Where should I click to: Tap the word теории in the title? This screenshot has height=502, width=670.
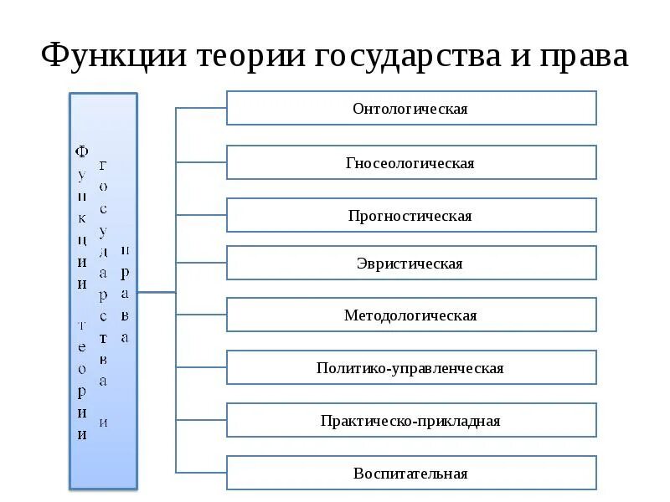tap(252, 56)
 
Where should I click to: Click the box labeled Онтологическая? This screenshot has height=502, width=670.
tap(411, 109)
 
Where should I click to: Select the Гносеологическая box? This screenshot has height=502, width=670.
tap(411, 162)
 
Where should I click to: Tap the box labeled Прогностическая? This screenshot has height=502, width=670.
tap(411, 216)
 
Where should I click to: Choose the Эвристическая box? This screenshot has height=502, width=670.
tap(411, 264)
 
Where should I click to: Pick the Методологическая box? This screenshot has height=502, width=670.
tap(411, 315)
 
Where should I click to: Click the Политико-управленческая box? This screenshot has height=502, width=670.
tap(411, 368)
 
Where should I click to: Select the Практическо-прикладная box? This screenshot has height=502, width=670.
tap(411, 421)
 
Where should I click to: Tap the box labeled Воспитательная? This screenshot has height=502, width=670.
tap(411, 474)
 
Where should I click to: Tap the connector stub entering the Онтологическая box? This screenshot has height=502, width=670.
tap(201, 108)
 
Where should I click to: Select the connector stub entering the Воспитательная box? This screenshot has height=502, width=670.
tap(201, 473)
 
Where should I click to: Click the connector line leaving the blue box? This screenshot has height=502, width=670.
tap(157, 292)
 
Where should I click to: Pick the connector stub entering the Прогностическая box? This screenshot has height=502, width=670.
tap(201, 215)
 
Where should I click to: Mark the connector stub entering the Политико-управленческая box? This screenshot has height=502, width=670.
tap(201, 367)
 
